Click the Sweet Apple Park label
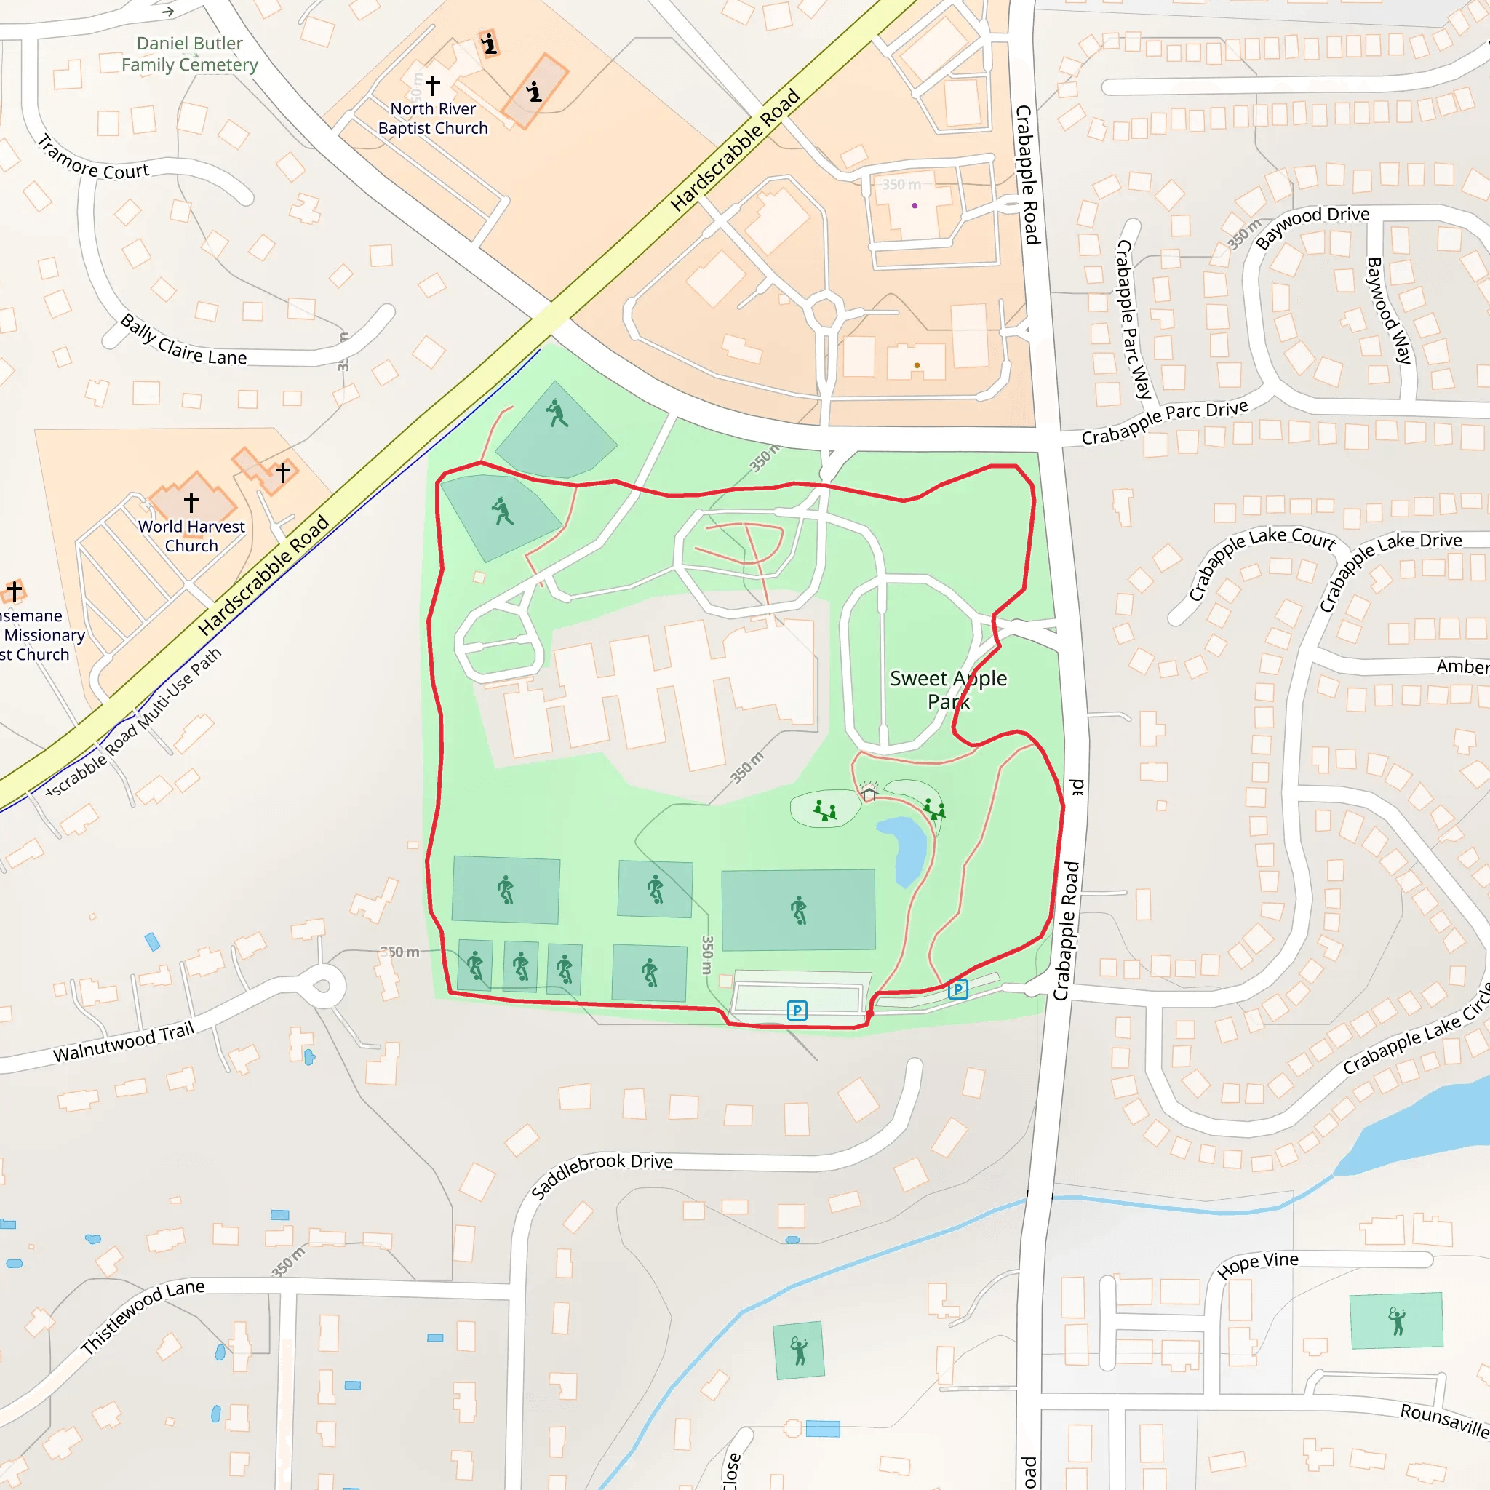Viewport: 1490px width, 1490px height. point(948,690)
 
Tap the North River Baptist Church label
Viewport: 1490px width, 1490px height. point(433,119)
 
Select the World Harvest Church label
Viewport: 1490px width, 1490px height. point(191,536)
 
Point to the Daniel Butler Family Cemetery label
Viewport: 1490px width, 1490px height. point(190,54)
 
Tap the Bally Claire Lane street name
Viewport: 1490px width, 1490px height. point(183,342)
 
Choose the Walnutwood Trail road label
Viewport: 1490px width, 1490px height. point(124,1042)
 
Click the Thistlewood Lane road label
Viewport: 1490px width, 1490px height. point(143,1315)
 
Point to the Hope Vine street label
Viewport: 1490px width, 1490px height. point(1258,1264)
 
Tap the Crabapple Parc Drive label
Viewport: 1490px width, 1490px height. point(1165,423)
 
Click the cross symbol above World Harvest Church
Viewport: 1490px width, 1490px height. point(191,502)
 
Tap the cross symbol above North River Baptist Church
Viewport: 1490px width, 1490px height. point(434,84)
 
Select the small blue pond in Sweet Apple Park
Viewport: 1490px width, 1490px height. point(902,848)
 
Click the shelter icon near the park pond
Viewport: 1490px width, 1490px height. point(869,793)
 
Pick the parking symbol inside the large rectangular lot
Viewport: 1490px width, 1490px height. point(797,1011)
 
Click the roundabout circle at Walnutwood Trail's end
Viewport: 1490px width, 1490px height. point(322,987)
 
